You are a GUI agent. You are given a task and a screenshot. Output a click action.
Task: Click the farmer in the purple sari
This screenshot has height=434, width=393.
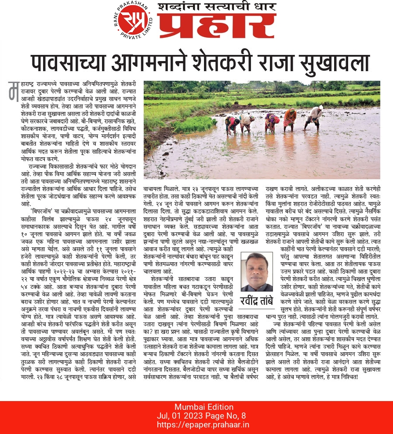click(x=272, y=123)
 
